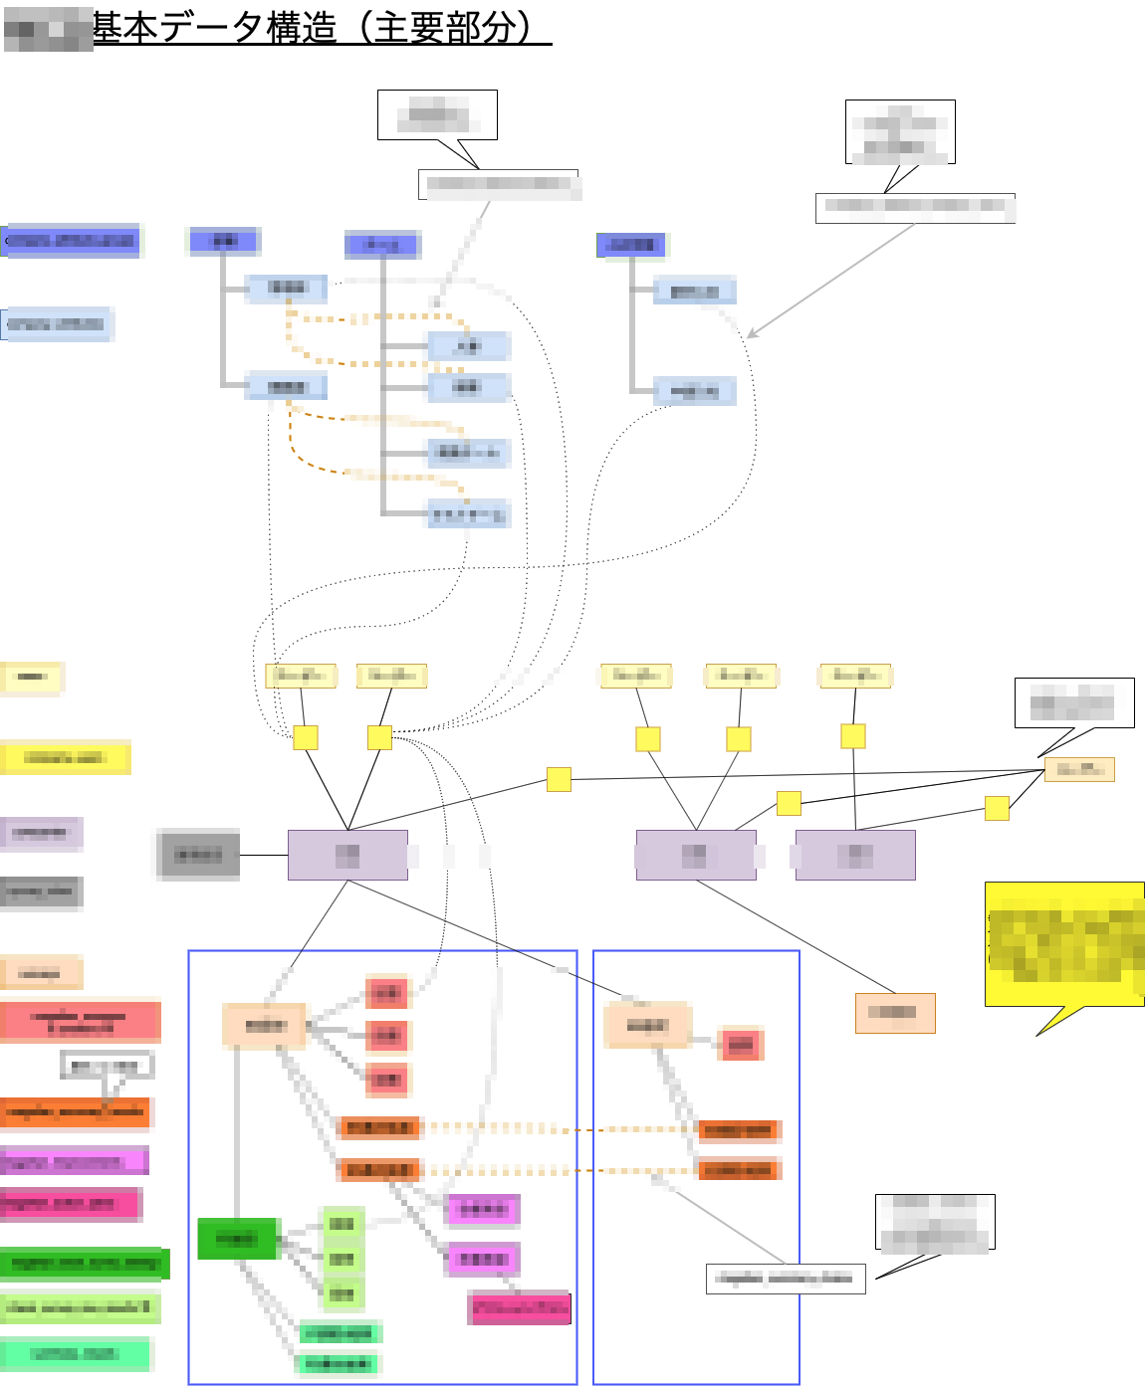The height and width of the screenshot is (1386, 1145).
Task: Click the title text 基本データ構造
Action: (214, 28)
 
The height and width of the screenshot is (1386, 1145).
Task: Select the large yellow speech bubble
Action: (1064, 944)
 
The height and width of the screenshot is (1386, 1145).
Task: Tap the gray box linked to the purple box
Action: (199, 855)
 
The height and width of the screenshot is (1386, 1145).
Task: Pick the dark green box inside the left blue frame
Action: (237, 1239)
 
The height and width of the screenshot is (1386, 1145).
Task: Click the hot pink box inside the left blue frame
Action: (520, 1308)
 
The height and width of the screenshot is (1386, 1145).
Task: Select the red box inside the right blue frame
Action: (741, 1045)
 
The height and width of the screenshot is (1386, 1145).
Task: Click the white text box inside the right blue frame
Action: (786, 1279)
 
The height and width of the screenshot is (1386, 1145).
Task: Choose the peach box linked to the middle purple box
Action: (895, 1013)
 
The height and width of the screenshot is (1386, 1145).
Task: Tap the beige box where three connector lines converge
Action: (1079, 769)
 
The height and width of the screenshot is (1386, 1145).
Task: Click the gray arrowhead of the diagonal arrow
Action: (752, 334)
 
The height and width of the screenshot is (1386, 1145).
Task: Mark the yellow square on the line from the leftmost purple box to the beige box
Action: (559, 779)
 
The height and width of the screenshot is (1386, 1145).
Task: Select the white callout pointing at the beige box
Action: (1073, 703)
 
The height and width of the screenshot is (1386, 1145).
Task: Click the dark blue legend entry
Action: (72, 241)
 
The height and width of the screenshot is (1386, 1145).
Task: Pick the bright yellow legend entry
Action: (65, 758)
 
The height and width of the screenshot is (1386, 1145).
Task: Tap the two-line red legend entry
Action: (80, 1023)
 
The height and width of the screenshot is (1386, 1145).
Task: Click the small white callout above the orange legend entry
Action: (107, 1066)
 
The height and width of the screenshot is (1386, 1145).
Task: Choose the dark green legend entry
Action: (85, 1264)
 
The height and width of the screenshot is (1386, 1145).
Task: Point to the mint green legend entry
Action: (76, 1354)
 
